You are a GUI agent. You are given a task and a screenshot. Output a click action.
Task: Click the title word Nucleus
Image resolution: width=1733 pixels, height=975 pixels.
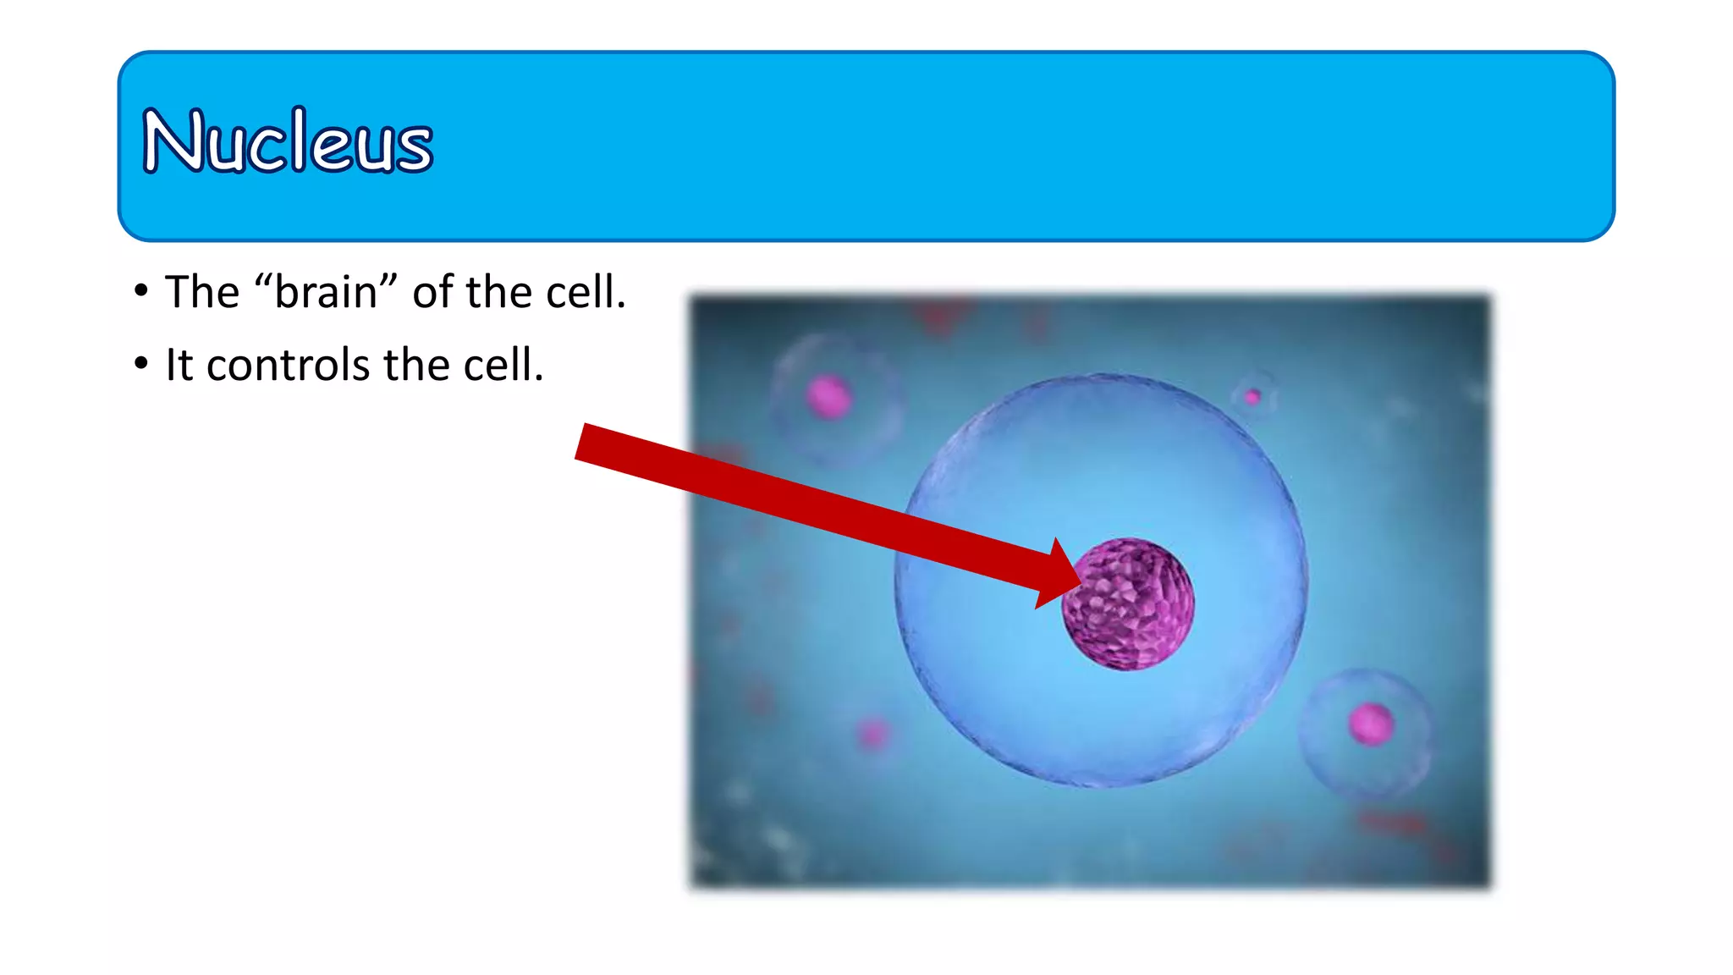click(x=288, y=141)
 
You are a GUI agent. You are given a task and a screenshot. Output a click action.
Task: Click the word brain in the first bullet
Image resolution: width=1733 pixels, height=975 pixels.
click(x=326, y=293)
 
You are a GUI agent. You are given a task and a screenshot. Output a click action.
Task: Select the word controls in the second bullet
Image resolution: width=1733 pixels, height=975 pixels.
click(x=288, y=366)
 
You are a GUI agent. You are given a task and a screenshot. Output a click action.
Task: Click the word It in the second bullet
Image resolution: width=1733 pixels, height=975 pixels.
click(x=179, y=366)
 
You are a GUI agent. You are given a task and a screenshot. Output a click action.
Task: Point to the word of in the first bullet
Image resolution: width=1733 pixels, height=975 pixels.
click(x=432, y=293)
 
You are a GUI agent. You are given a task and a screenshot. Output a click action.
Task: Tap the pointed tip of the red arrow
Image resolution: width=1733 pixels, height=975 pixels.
click(x=1081, y=583)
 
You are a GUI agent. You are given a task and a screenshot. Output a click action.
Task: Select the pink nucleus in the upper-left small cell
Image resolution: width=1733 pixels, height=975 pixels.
click(x=828, y=396)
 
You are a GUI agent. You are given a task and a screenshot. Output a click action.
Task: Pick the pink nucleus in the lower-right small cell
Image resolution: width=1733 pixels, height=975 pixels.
click(x=1370, y=724)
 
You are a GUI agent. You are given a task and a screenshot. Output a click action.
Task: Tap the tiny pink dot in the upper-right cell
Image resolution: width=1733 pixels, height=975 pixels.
click(x=1252, y=396)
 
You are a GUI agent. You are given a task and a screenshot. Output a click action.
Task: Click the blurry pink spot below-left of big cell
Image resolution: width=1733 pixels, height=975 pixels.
click(x=872, y=732)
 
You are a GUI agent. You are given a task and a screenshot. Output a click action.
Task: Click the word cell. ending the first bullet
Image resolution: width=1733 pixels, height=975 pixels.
click(x=586, y=293)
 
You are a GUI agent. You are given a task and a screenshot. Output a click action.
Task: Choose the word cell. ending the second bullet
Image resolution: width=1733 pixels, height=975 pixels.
click(x=503, y=366)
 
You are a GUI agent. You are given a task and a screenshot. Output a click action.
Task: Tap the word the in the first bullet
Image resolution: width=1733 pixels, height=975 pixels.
click(x=499, y=293)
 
